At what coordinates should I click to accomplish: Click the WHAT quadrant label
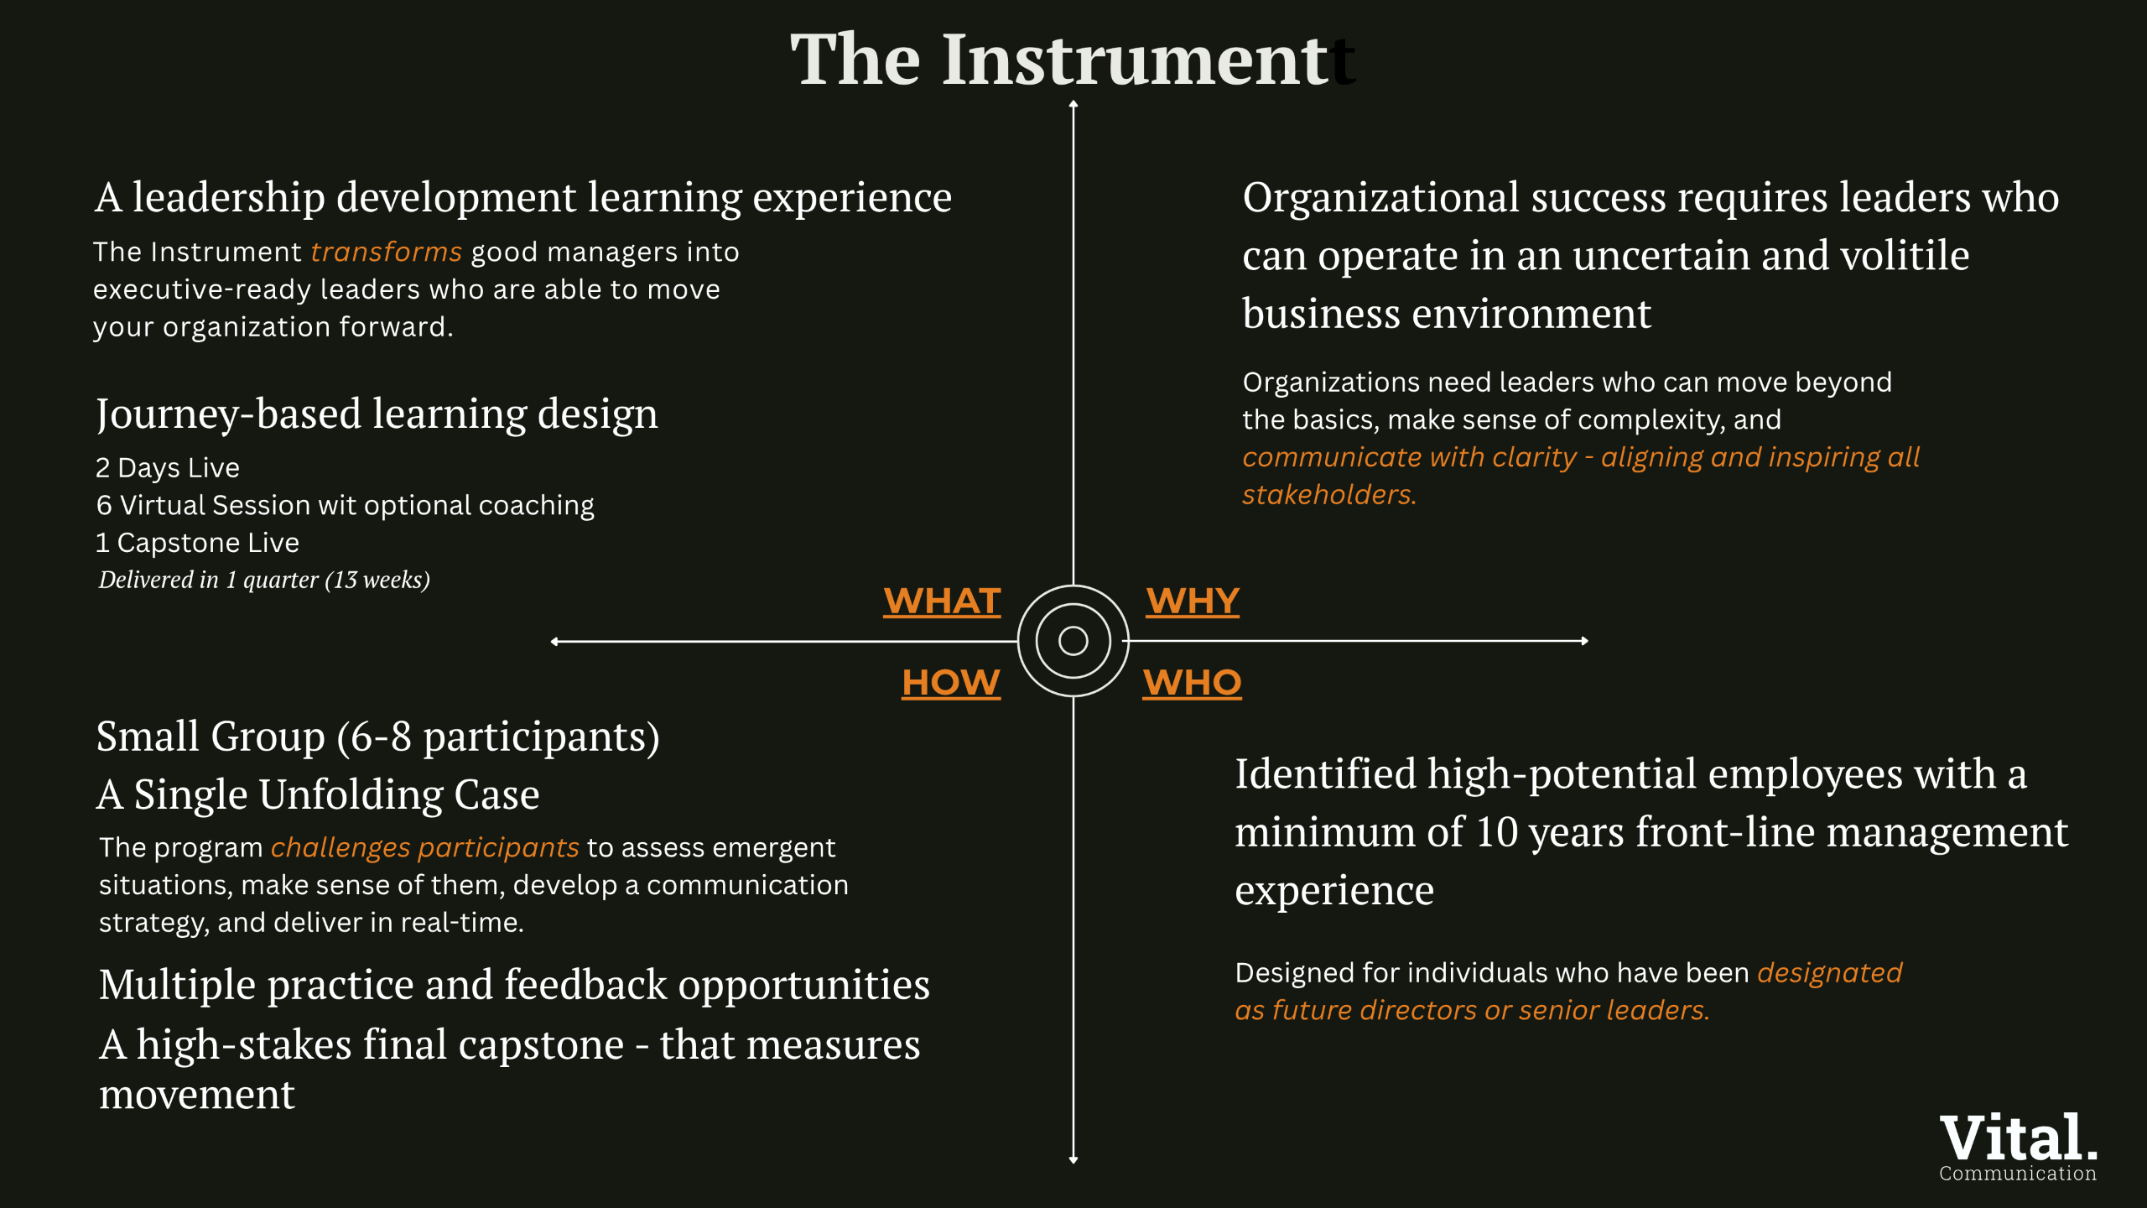click(x=942, y=601)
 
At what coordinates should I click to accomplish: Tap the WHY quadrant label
click(x=1193, y=601)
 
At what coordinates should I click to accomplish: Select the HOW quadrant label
click(x=951, y=683)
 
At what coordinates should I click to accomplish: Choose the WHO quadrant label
click(x=1192, y=683)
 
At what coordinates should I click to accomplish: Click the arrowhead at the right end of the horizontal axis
click(x=1584, y=641)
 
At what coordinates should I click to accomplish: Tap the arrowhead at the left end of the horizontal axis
click(x=554, y=642)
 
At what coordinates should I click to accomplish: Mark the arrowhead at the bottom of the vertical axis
click(x=1073, y=1160)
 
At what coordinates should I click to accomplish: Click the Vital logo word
click(x=2018, y=1138)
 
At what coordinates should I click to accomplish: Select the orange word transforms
click(x=387, y=252)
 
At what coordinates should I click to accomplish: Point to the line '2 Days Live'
click(x=168, y=467)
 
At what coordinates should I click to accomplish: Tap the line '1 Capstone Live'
click(x=198, y=543)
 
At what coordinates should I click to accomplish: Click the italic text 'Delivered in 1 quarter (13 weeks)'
click(x=264, y=580)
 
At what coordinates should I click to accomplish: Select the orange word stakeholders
click(x=1329, y=495)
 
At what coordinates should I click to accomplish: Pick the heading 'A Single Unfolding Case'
click(x=318, y=794)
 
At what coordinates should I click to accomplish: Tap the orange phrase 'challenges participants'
click(x=425, y=848)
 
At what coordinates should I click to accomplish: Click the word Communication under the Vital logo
click(x=2018, y=1174)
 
